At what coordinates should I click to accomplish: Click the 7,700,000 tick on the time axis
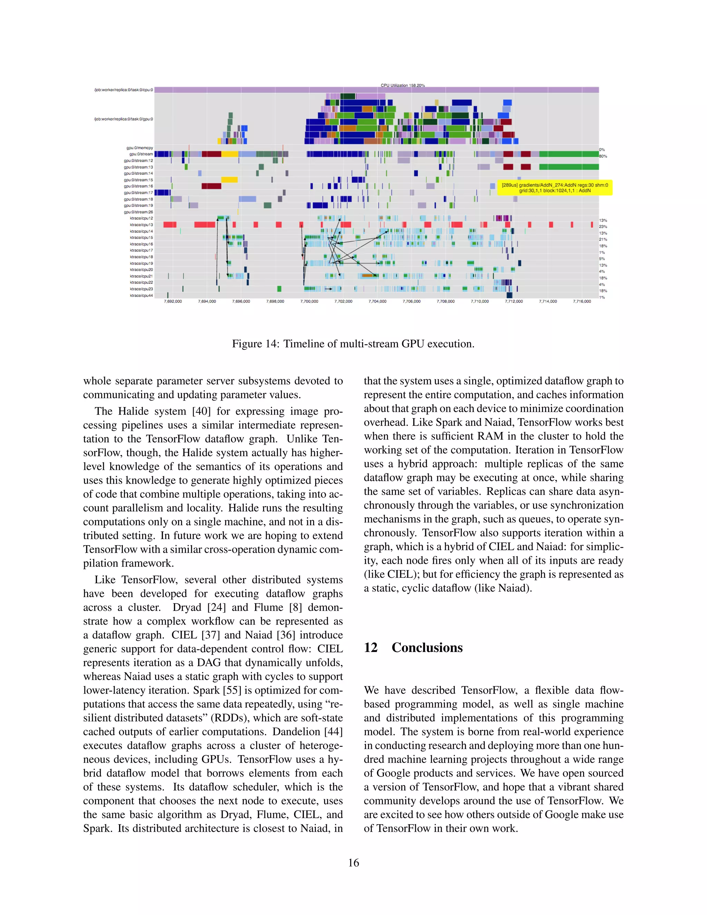pos(309,301)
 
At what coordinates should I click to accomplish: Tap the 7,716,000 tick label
pos(582,301)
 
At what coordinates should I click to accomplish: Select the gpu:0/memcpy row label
pos(139,148)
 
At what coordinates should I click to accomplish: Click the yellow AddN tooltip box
pos(554,188)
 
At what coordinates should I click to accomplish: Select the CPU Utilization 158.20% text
pos(403,86)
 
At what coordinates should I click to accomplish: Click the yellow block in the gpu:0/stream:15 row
pos(229,180)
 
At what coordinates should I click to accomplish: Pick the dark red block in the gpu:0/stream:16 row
pos(212,186)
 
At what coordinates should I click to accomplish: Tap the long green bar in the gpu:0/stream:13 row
pos(568,167)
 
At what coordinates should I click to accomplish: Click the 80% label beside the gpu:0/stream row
pos(603,156)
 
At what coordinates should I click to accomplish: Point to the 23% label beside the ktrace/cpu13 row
pos(603,227)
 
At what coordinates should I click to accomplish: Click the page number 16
pos(353,863)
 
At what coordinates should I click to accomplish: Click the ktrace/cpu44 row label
pos(141,295)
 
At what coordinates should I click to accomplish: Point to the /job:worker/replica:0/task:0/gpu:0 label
pos(124,119)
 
